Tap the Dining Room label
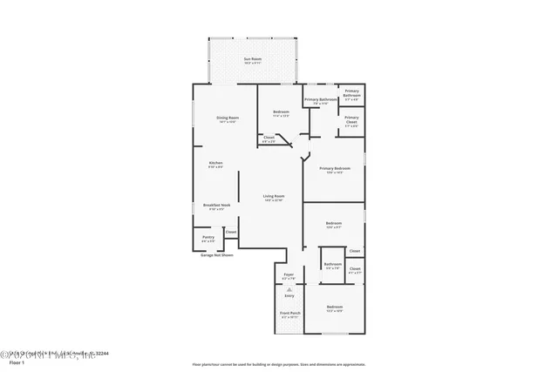click(x=228, y=118)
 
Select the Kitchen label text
click(x=215, y=163)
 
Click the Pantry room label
click(x=208, y=237)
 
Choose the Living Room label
click(x=274, y=196)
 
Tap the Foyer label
click(x=289, y=275)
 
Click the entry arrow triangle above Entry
click(x=289, y=287)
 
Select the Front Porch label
click(x=289, y=313)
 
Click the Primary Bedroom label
click(x=335, y=168)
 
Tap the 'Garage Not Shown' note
click(x=217, y=255)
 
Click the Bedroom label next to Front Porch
click(x=335, y=308)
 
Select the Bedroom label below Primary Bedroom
click(x=334, y=224)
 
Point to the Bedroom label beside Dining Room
click(x=281, y=112)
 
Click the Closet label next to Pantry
click(x=231, y=232)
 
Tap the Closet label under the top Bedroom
click(x=269, y=137)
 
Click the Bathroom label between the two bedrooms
click(x=332, y=264)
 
